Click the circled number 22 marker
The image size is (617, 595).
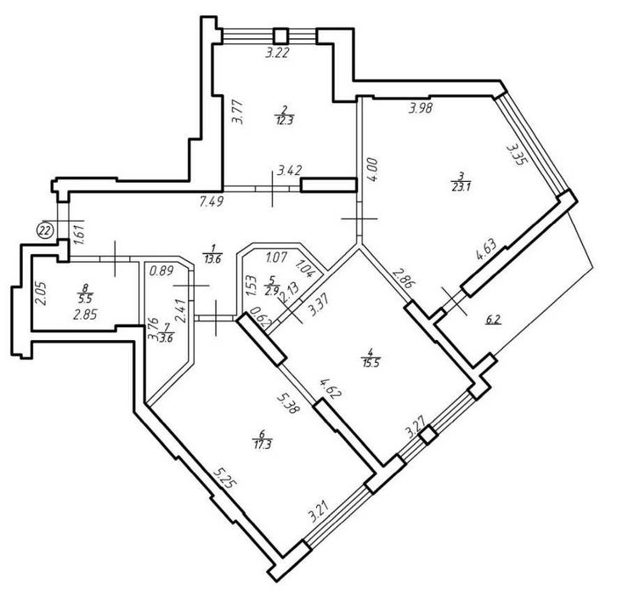(x=45, y=230)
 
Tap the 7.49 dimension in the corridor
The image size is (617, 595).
(x=212, y=202)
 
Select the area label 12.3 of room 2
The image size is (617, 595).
(x=285, y=121)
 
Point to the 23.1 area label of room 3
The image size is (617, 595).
(x=461, y=187)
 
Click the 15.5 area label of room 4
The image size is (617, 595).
(x=370, y=362)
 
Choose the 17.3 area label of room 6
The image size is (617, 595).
(x=262, y=445)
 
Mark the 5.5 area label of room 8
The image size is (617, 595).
(x=85, y=299)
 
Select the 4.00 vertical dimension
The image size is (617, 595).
(x=373, y=170)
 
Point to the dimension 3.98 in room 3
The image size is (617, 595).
(x=421, y=107)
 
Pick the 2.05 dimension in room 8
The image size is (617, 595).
(x=42, y=294)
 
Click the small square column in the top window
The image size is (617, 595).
(x=280, y=36)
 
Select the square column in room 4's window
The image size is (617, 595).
(x=427, y=435)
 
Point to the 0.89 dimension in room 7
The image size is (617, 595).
(x=161, y=271)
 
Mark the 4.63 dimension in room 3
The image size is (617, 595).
(x=486, y=250)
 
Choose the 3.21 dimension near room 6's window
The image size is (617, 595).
(x=319, y=510)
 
